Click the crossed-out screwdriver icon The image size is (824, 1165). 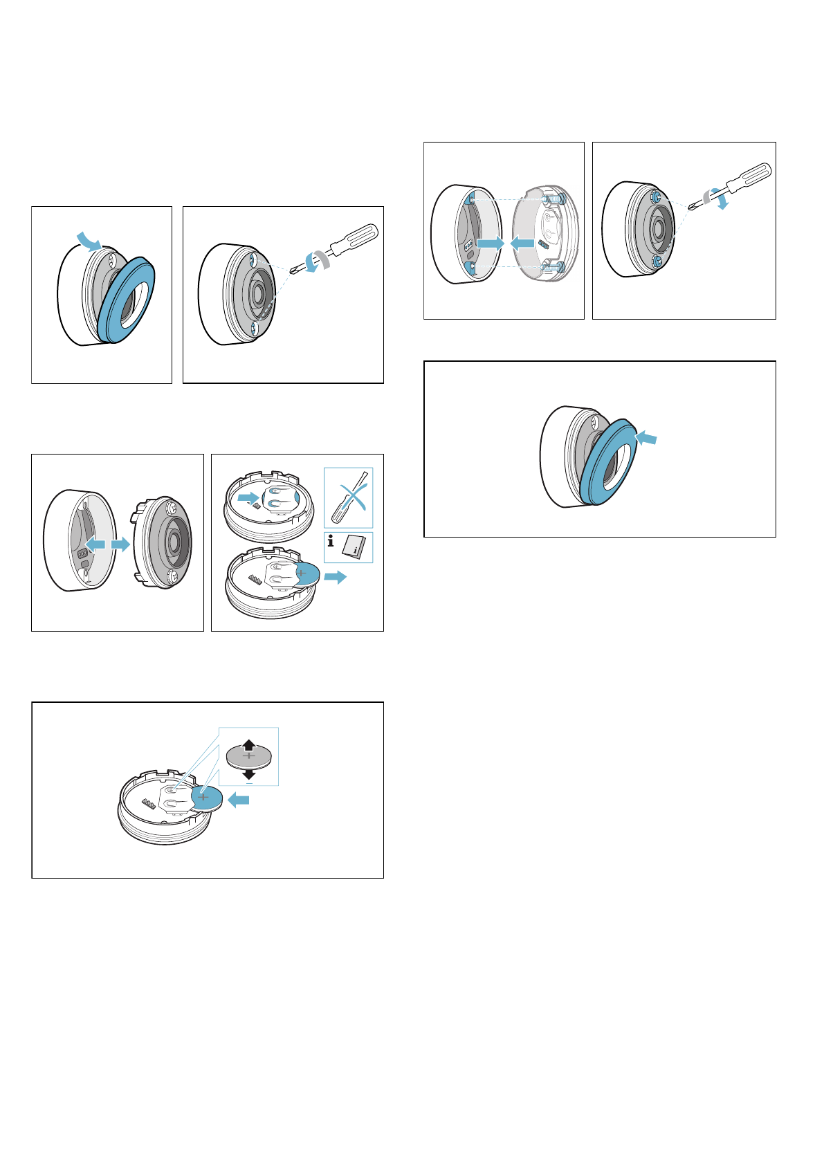pyautogui.click(x=349, y=497)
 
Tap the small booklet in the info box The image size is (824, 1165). pyautogui.click(x=357, y=547)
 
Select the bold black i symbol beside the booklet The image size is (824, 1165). pyautogui.click(x=331, y=542)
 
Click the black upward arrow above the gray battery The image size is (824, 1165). pyautogui.click(x=249, y=746)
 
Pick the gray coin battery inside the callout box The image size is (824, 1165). pyautogui.click(x=249, y=759)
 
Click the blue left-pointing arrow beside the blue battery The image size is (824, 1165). pyautogui.click(x=239, y=800)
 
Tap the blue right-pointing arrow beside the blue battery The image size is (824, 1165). pyautogui.click(x=336, y=577)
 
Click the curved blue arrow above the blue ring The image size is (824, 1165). pyautogui.click(x=89, y=239)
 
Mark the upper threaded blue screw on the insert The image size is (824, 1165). pyautogui.click(x=558, y=199)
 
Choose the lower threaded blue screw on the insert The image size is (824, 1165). pyautogui.click(x=558, y=266)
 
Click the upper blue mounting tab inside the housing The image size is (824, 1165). pyautogui.click(x=471, y=200)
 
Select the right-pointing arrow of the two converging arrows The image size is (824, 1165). pyautogui.click(x=491, y=244)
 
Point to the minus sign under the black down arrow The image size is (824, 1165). pyautogui.click(x=249, y=783)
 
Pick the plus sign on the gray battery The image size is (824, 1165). pyautogui.click(x=249, y=757)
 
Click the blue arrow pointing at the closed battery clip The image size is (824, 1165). pyautogui.click(x=247, y=497)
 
